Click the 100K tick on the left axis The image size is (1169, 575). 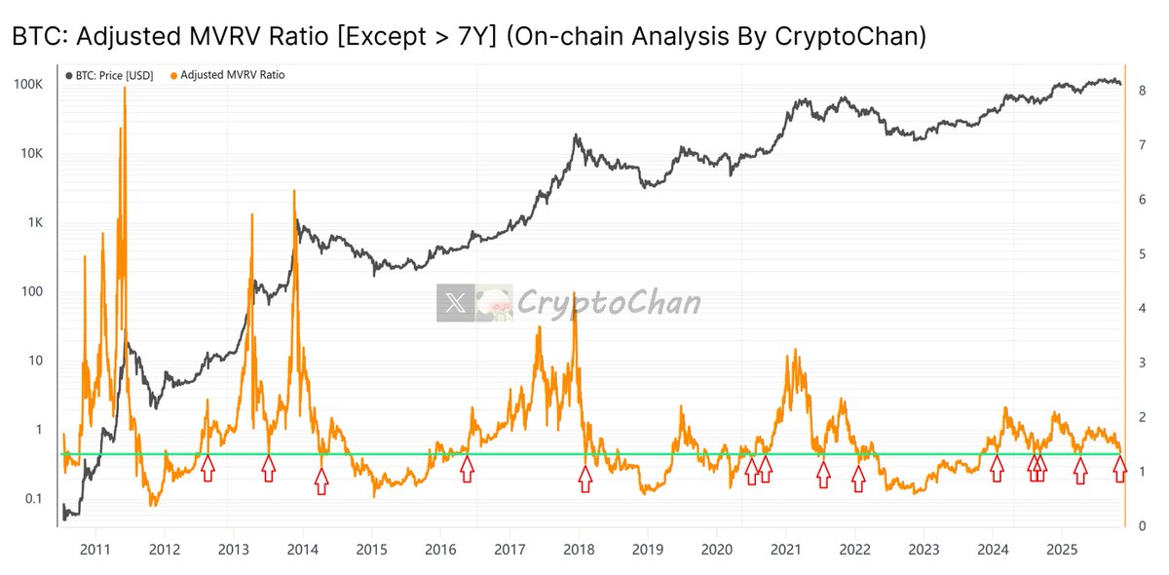[x=26, y=85]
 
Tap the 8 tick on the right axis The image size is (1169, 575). [x=1141, y=91]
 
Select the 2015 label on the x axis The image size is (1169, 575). [x=371, y=549]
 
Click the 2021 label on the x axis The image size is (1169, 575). [x=785, y=549]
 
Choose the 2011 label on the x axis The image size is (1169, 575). [x=95, y=549]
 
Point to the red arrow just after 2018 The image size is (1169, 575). [x=584, y=478]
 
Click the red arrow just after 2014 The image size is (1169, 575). [x=321, y=480]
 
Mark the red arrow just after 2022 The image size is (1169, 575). [x=858, y=478]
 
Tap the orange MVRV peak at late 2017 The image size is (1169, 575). [x=575, y=292]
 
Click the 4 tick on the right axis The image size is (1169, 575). [x=1141, y=309]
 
